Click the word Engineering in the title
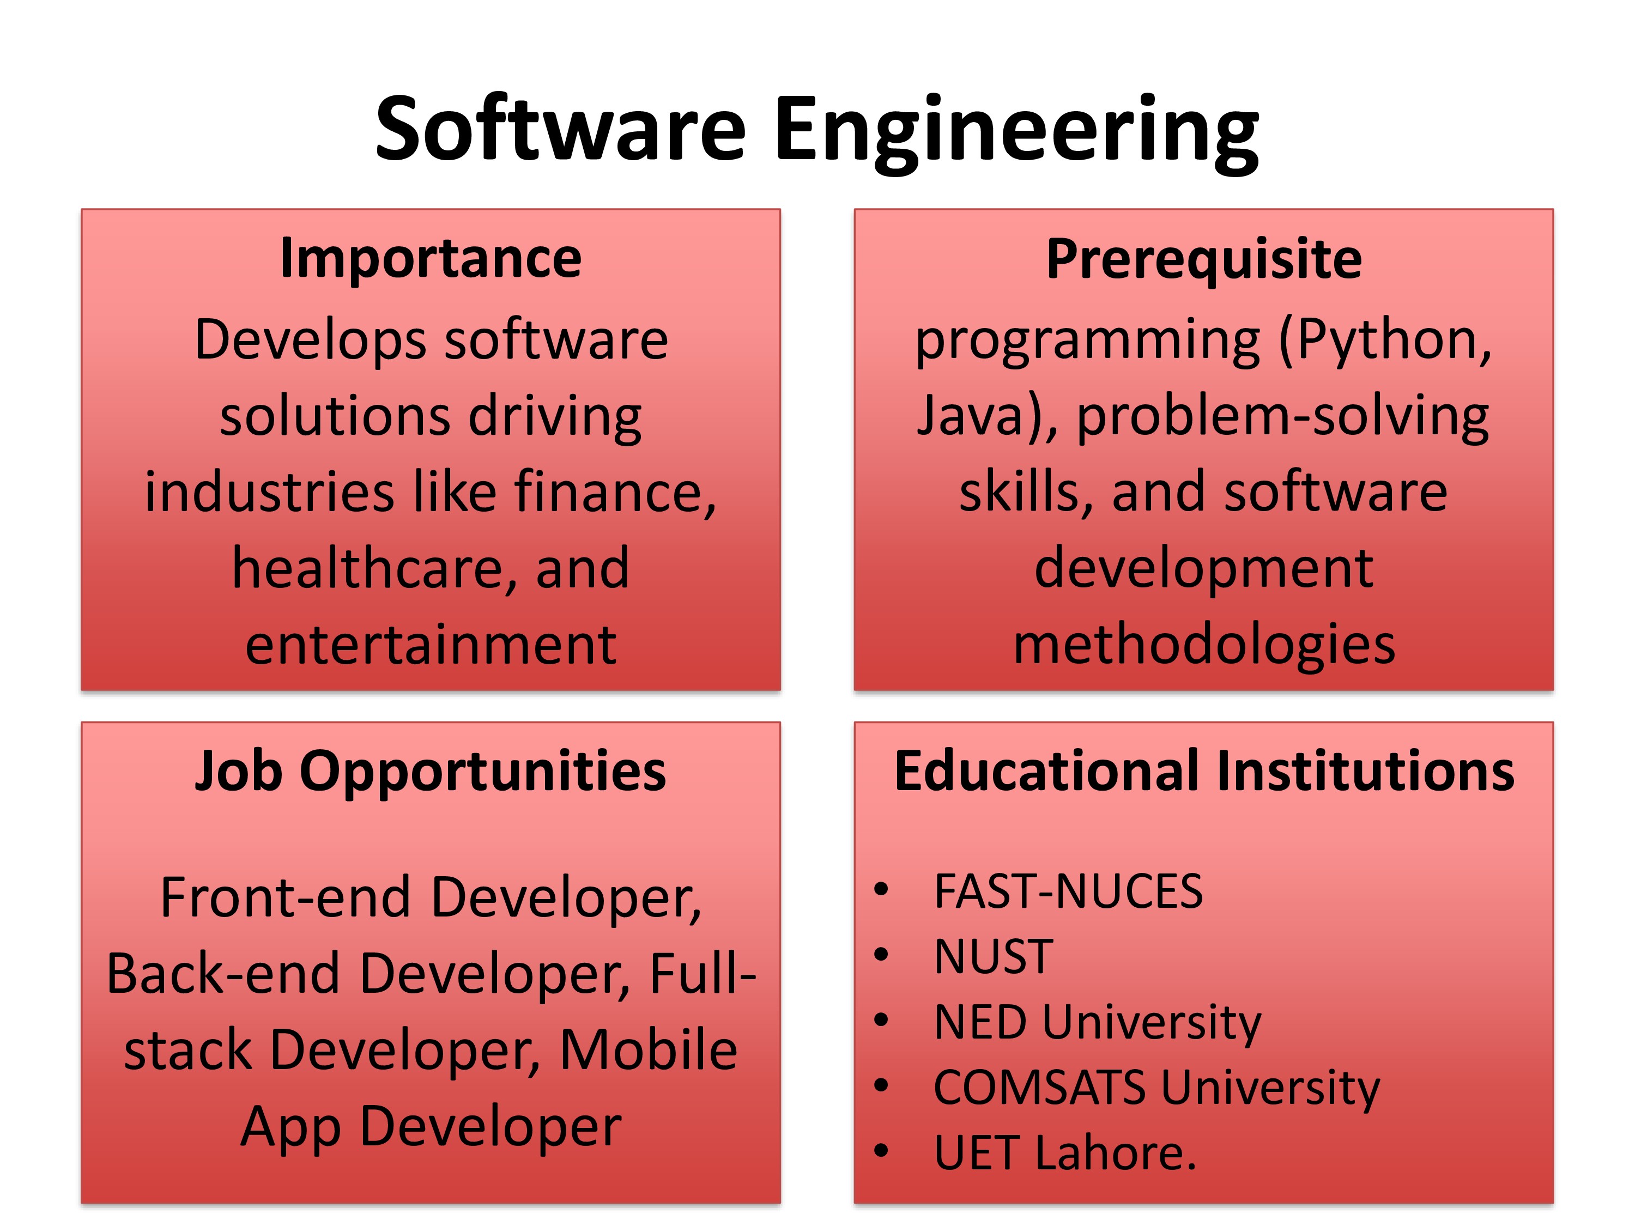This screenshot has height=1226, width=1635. pos(1017,133)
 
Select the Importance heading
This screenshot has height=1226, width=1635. pos(431,259)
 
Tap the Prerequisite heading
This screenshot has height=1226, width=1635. pos(1204,260)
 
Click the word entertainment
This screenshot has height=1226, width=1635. pos(431,646)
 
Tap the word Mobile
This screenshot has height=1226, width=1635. pos(648,1050)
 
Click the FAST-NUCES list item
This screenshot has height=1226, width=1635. pos(1068,891)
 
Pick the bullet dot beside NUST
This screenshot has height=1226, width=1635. pos(880,955)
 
